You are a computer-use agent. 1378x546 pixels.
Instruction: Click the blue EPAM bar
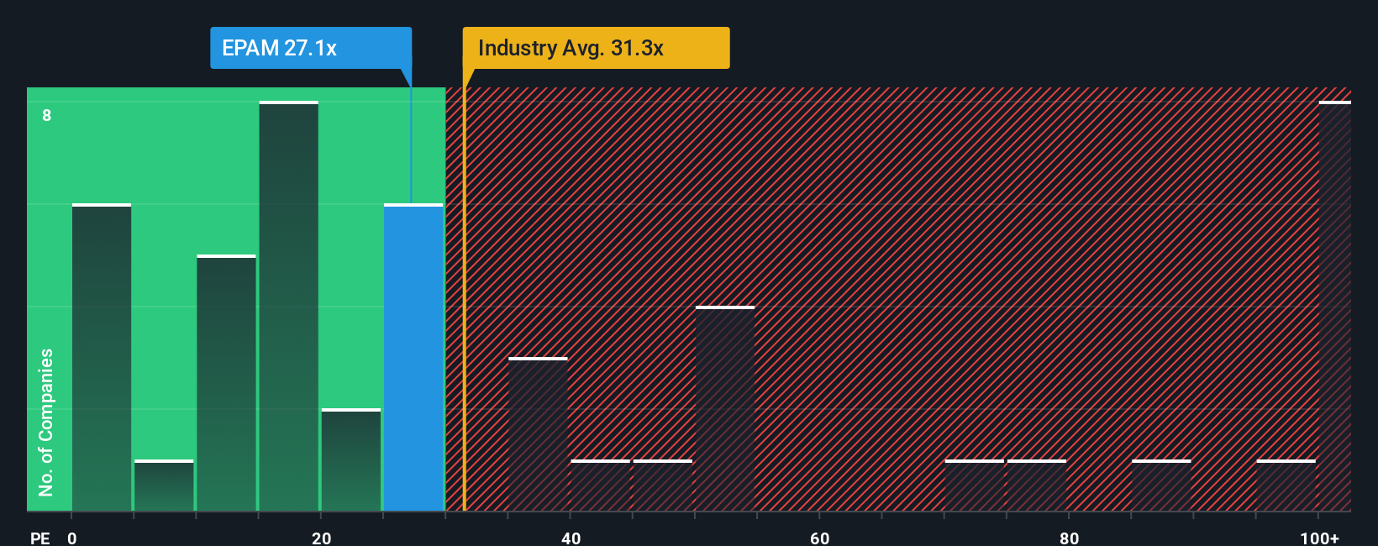coord(413,357)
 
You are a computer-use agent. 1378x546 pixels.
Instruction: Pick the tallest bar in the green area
coord(288,307)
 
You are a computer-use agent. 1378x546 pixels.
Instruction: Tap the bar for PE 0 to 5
coord(102,357)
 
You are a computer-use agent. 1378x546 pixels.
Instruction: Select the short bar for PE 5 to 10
coord(164,486)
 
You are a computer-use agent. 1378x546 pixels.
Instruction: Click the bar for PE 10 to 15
coord(226,383)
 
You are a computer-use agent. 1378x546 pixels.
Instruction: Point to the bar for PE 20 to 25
coord(351,460)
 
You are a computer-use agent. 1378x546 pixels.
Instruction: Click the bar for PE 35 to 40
coord(538,434)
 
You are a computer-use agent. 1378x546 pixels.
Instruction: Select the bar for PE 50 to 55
coord(725,409)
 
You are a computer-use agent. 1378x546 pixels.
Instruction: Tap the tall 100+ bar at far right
coord(1334,307)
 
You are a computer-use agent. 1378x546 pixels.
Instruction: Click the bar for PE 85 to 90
coord(1161,486)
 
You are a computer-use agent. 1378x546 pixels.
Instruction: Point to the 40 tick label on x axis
coord(571,538)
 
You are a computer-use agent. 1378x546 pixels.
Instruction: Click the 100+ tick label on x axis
coord(1319,538)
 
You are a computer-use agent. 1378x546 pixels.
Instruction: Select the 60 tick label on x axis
coord(820,538)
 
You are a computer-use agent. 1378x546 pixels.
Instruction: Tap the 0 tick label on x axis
coord(72,538)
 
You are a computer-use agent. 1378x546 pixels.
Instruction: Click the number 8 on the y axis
coord(47,115)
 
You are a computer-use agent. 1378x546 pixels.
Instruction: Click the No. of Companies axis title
coord(46,422)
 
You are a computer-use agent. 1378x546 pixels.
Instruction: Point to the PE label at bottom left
coord(39,538)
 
